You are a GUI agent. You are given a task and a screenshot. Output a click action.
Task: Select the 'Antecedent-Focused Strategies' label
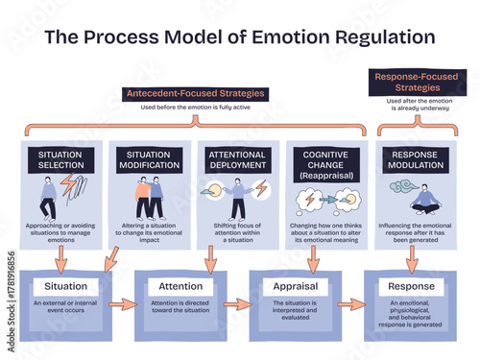(x=194, y=94)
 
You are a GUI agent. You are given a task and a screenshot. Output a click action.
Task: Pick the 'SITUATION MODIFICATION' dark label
(x=148, y=160)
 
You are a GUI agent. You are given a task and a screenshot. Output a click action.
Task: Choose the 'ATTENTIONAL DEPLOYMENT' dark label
(x=236, y=160)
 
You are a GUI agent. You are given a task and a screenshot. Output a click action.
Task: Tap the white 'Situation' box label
(x=66, y=286)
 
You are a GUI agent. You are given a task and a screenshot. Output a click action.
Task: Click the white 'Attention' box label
(x=180, y=286)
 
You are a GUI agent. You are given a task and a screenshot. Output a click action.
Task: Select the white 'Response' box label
(x=412, y=286)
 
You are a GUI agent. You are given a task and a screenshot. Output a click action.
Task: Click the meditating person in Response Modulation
(x=424, y=201)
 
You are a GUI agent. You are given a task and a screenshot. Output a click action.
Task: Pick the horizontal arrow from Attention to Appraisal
(x=238, y=305)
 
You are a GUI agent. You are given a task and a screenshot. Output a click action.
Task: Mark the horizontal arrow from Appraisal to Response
(x=352, y=305)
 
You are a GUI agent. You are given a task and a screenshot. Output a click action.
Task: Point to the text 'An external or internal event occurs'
(x=65, y=308)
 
